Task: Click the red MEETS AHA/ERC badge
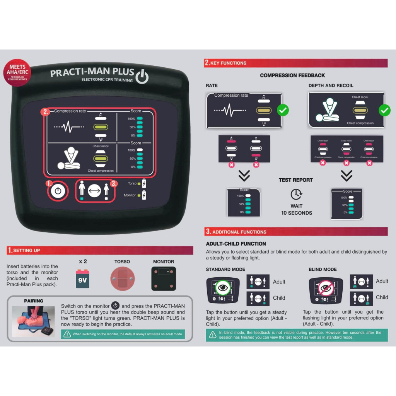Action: (17, 73)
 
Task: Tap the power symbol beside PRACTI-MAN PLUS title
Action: (142, 77)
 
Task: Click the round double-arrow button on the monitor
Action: (94, 191)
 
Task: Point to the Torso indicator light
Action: (139, 183)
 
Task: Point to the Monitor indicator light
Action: (139, 195)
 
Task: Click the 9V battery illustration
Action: (82, 279)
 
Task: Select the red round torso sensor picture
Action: (122, 279)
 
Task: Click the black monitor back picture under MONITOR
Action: (164, 278)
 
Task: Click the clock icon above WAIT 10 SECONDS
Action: (296, 194)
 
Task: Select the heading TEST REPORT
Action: (296, 180)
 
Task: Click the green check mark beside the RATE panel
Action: (283, 110)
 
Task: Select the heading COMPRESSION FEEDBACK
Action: (292, 75)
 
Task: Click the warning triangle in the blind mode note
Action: (212, 335)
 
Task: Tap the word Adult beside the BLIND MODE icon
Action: (382, 281)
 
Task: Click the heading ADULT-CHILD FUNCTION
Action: (236, 244)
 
